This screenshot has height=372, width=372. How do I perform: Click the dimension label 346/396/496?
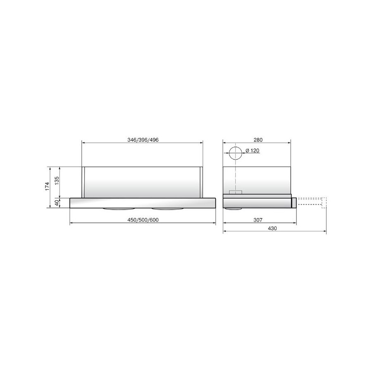(x=143, y=140)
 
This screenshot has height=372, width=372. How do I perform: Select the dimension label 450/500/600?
(x=143, y=220)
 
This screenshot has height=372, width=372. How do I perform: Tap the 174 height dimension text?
(x=47, y=186)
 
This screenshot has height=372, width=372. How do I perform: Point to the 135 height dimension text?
(x=57, y=181)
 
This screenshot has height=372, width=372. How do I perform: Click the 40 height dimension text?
(x=57, y=203)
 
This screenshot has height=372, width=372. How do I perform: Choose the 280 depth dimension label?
(x=258, y=140)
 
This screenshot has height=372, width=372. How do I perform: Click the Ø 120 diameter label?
(x=253, y=150)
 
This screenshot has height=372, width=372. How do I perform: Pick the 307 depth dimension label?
(x=258, y=220)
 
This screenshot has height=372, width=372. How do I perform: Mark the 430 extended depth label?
(x=272, y=229)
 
